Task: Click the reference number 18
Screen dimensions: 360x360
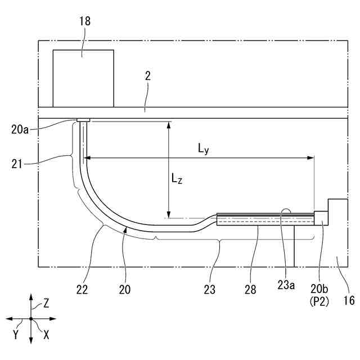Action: point(85,21)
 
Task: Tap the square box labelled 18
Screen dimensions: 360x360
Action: point(83,78)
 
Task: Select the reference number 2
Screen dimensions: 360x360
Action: point(148,76)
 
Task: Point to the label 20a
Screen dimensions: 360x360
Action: point(20,129)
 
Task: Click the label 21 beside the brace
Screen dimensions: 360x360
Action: point(17,164)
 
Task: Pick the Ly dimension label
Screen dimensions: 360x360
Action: point(204,149)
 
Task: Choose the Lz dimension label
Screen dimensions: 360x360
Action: point(177,179)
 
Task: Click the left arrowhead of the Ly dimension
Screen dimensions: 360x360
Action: point(87,158)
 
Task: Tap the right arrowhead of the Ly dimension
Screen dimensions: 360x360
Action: point(310,158)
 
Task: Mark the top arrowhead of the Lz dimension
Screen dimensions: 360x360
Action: point(169,125)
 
